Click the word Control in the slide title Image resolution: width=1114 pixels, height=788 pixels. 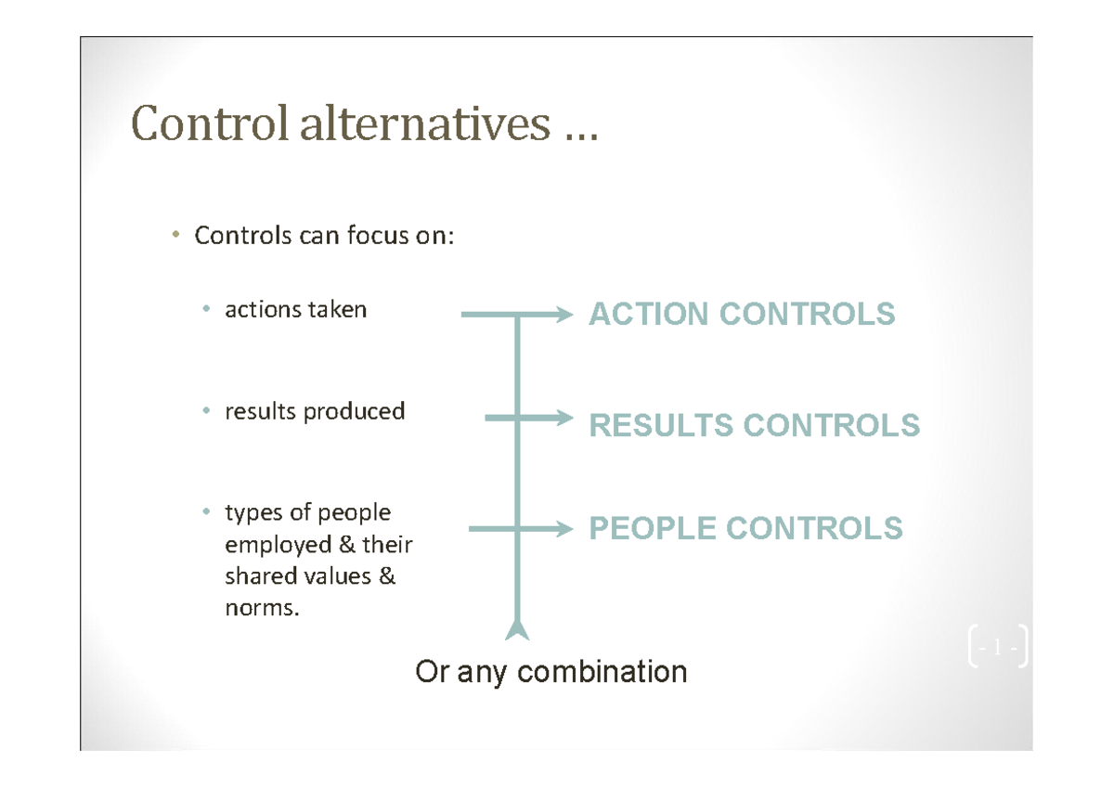tap(210, 123)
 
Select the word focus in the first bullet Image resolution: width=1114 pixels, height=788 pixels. tap(377, 237)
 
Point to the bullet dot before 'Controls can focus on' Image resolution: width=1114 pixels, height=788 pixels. tap(174, 236)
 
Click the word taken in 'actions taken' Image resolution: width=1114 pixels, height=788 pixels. tap(339, 309)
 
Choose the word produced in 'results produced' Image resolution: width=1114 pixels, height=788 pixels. tap(358, 411)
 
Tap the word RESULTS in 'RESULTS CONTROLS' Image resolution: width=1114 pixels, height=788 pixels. tap(661, 426)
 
